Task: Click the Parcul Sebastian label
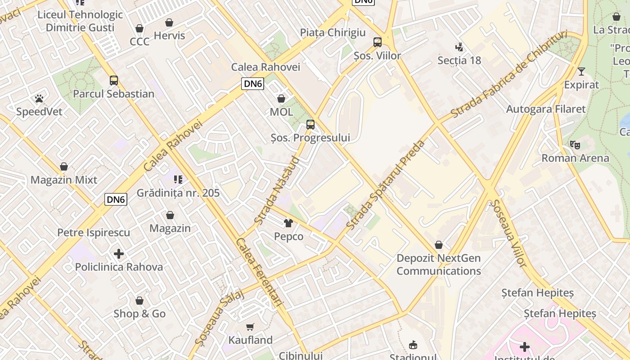[x=113, y=94]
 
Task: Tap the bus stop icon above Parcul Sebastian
[x=114, y=81]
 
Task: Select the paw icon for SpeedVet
[x=39, y=98]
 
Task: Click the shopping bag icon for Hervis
[x=169, y=22]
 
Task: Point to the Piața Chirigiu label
[x=333, y=32]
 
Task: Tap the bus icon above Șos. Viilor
[x=378, y=42]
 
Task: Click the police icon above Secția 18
[x=459, y=47]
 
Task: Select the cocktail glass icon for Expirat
[x=581, y=71]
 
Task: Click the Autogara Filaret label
[x=545, y=109]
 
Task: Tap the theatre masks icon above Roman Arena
[x=575, y=144]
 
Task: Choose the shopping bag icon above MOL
[x=281, y=98]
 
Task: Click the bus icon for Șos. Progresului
[x=310, y=124]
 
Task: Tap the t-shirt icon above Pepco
[x=288, y=223]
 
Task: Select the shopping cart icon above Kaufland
[x=250, y=327]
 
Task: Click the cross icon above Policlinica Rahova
[x=119, y=254]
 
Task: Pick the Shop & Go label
[x=139, y=314]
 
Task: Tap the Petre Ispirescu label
[x=94, y=233]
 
